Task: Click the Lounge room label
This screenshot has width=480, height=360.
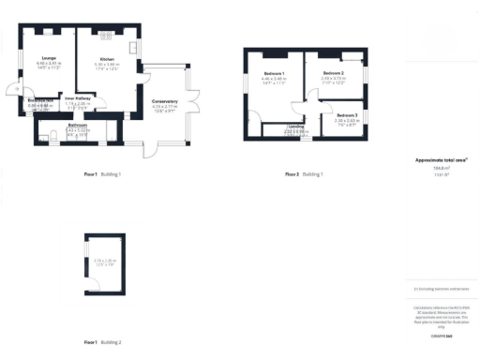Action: click(48, 58)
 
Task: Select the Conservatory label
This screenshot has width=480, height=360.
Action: click(164, 102)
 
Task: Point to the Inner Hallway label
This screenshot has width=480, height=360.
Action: click(77, 97)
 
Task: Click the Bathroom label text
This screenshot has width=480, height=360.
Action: click(77, 125)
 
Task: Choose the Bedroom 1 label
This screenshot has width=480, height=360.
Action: click(274, 73)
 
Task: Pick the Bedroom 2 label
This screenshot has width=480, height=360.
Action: click(335, 72)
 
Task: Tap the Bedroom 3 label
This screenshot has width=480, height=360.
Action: click(346, 114)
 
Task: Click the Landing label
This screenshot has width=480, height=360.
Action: click(296, 126)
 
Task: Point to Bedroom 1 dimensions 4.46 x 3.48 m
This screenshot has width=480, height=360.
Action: click(274, 79)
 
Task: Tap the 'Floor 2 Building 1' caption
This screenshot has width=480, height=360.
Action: click(305, 174)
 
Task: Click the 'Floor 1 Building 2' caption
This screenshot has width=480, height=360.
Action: click(102, 343)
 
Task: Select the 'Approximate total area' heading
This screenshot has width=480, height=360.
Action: click(441, 160)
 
